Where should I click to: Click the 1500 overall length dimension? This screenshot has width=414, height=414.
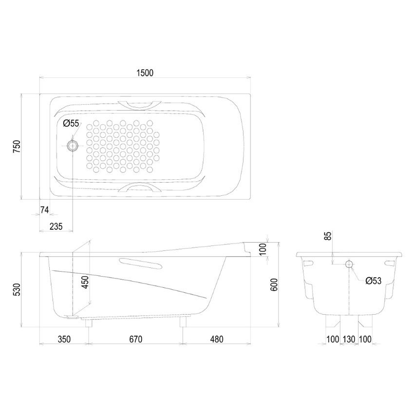(x=145, y=73)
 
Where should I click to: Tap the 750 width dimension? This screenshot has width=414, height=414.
(x=17, y=147)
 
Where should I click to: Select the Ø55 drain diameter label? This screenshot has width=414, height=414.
(x=71, y=123)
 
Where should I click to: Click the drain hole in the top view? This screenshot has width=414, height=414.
(x=72, y=146)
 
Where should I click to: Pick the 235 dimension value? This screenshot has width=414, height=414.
(x=56, y=226)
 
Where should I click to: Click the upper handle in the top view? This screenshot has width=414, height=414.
(x=139, y=105)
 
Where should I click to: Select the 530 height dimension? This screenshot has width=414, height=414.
(x=17, y=290)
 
